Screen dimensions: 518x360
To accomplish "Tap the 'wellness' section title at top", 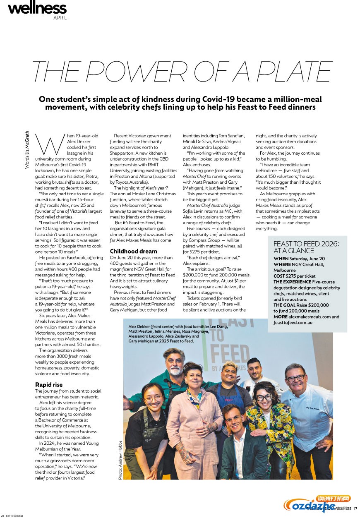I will point(37,8).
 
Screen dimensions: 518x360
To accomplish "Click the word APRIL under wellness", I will point(60,18).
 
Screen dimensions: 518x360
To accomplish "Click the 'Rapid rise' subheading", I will point(49,384).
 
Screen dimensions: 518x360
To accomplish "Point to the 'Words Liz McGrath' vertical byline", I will point(27,150).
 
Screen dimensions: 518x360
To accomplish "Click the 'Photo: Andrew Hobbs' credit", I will point(120,459).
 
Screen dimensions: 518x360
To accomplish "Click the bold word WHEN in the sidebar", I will point(281,259).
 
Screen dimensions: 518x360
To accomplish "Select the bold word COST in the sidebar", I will point(281,276).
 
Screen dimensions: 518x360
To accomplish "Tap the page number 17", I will point(355,508).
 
